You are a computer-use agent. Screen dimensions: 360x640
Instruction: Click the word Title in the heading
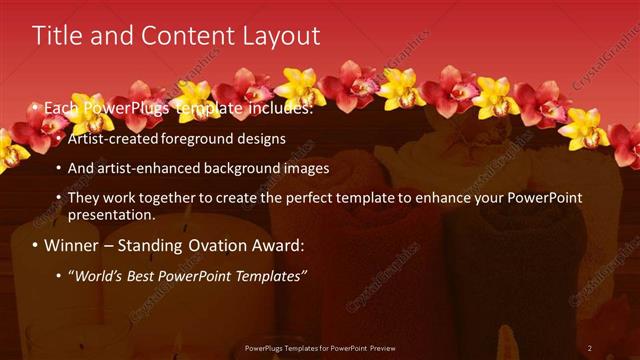pyautogui.click(x=56, y=36)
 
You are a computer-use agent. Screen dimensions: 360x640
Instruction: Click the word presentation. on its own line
pyautogui.click(x=111, y=214)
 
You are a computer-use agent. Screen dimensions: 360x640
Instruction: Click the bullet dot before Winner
pyautogui.click(x=37, y=246)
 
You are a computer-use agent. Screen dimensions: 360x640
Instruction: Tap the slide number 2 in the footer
pyautogui.click(x=590, y=348)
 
